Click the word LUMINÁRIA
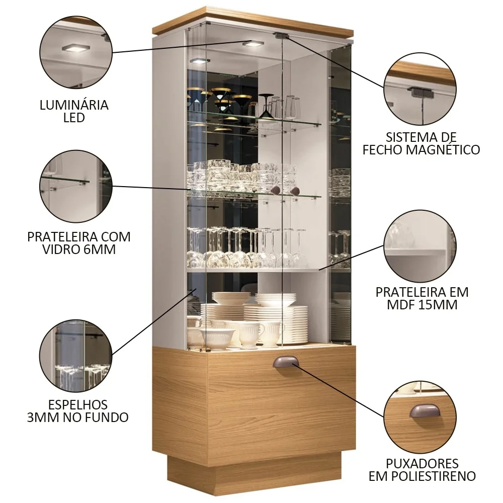(x=74, y=105)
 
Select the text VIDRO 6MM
(x=79, y=249)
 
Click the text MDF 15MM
(x=422, y=304)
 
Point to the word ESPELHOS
(x=78, y=404)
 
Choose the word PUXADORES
(x=422, y=463)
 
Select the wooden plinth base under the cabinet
(x=254, y=473)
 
